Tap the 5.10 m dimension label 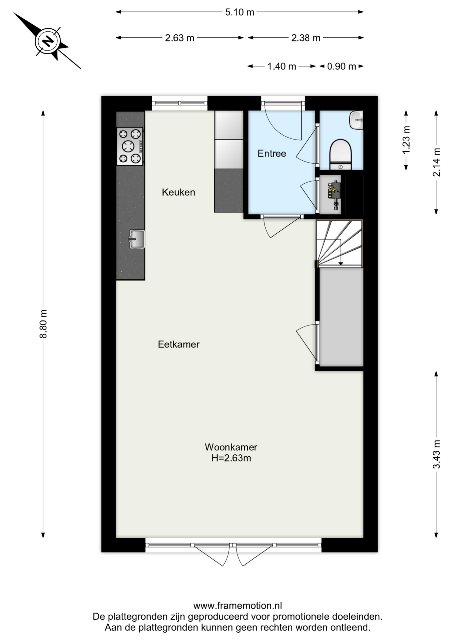click(240, 12)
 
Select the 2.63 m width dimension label click(179, 38)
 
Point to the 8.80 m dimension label click(43, 324)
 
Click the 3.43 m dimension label click(436, 454)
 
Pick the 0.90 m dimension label click(341, 66)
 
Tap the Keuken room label click(178, 192)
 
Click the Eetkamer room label click(178, 344)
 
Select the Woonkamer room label click(231, 447)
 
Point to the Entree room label click(272, 153)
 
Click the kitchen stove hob click(130, 146)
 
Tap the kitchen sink click(137, 239)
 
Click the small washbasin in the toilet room click(356, 120)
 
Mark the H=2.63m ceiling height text click(231, 458)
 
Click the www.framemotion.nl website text click(238, 605)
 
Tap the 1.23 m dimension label click(406, 140)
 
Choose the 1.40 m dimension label click(282, 66)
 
